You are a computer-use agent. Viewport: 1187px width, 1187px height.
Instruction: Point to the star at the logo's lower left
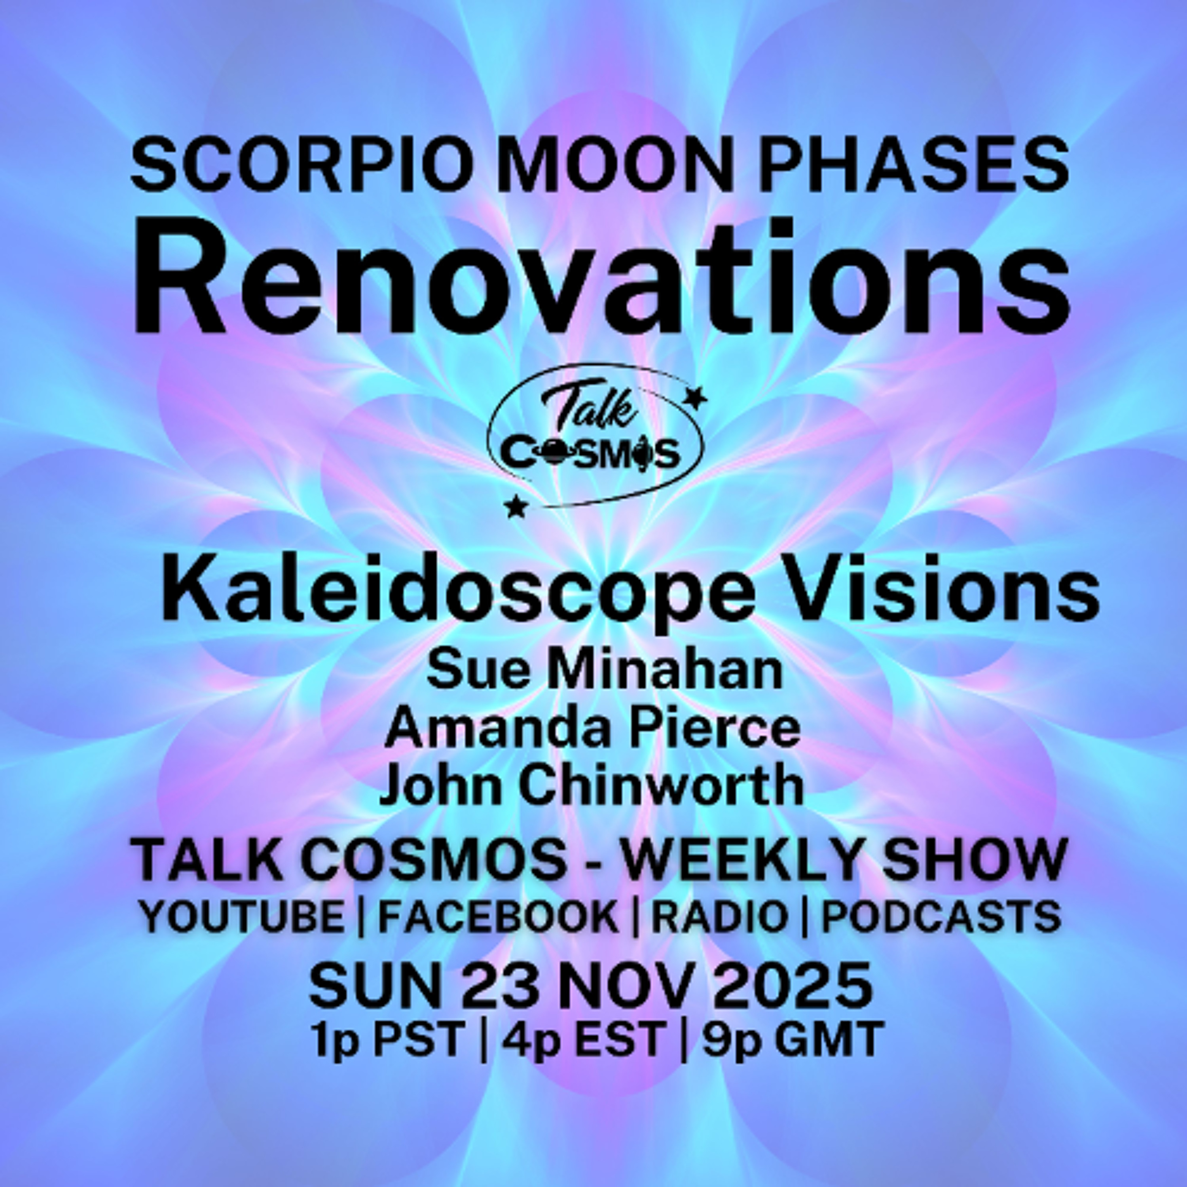[515, 507]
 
